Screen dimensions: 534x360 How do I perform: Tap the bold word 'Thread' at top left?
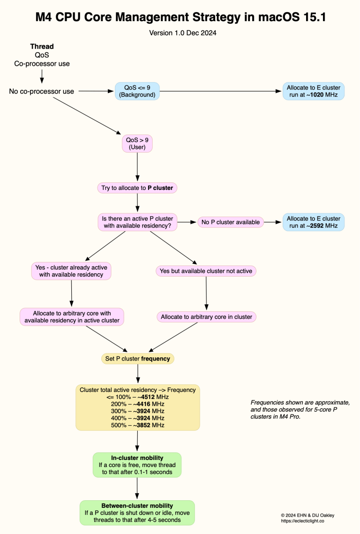click(42, 46)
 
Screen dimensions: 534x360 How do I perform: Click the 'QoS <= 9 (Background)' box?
click(137, 91)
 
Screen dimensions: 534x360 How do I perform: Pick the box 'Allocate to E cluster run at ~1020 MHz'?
click(313, 91)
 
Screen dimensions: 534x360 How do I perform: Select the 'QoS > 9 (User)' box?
click(137, 143)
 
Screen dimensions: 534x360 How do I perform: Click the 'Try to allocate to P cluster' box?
click(137, 188)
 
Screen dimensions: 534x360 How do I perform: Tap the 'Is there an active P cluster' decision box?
click(137, 222)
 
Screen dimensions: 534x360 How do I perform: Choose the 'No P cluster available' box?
click(230, 222)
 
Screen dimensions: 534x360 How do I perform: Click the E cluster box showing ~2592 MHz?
click(313, 222)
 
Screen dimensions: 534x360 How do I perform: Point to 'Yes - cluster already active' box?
click(71, 271)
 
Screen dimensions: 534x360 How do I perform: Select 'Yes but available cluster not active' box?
click(206, 271)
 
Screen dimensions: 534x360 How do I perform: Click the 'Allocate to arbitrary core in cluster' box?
click(206, 317)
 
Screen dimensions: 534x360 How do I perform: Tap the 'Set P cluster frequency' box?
click(137, 359)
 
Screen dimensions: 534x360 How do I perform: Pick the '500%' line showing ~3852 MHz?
click(137, 425)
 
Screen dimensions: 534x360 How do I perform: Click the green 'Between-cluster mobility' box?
click(137, 513)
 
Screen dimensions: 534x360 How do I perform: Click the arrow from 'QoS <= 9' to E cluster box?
click(220, 91)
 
